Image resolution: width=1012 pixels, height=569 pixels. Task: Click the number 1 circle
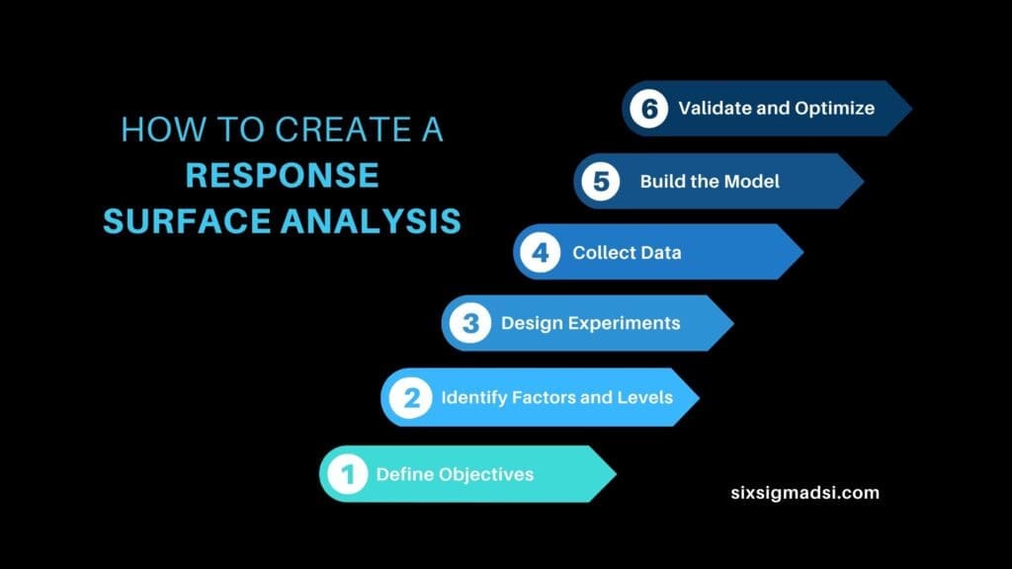point(347,475)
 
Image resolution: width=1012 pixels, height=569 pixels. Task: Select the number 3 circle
point(469,323)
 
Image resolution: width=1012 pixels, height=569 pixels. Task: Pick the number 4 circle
point(540,252)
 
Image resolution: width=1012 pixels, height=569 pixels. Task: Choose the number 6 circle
point(649,108)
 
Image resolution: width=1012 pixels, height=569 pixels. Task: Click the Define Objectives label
point(455,475)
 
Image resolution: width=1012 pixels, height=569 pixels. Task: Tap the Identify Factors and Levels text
point(556,397)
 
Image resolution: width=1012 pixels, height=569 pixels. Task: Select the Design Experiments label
point(590,323)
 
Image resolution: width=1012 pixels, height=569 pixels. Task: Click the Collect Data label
point(627,252)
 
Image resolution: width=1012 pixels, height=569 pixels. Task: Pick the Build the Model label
point(710,181)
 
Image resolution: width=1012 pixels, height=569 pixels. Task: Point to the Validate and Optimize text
point(776,108)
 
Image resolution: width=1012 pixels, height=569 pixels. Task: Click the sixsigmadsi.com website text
point(801,492)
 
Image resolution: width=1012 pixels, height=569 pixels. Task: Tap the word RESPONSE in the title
point(283,175)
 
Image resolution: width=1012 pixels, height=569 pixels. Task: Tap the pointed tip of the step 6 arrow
point(909,108)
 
